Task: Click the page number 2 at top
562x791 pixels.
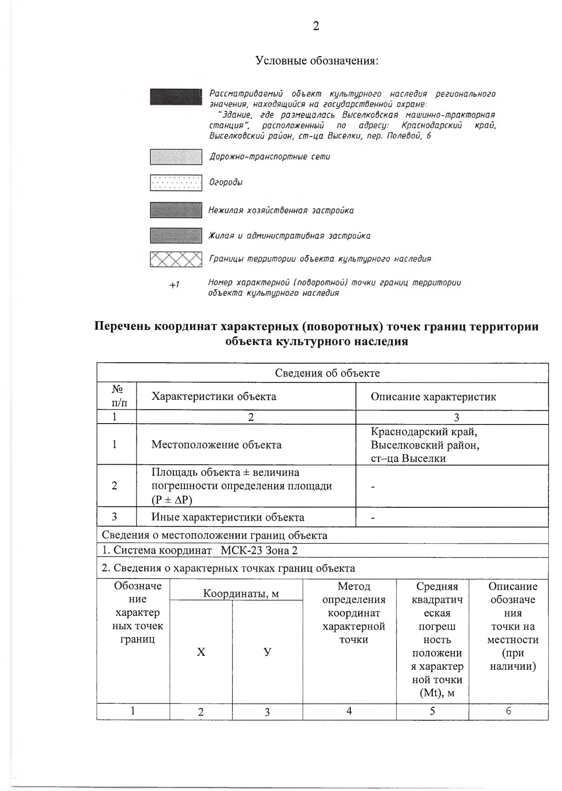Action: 316,26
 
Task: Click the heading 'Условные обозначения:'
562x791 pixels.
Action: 317,61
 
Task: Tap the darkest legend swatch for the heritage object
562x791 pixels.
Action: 175,96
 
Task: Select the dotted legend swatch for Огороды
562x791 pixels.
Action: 176,183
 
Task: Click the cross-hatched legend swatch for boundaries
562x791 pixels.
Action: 176,259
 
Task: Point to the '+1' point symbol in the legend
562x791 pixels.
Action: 174,285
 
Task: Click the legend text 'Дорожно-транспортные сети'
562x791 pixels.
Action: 269,157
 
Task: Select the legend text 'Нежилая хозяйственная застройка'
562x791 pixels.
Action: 281,211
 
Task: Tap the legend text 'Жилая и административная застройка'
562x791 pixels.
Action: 289,236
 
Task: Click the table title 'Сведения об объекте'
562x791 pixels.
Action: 327,373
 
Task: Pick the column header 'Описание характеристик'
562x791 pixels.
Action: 433,397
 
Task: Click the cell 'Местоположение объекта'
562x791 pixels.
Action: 216,445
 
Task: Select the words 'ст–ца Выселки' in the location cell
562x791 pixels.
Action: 408,458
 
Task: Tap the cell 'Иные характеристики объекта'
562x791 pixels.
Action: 228,517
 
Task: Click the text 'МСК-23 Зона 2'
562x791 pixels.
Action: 259,550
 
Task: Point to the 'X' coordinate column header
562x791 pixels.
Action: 201,652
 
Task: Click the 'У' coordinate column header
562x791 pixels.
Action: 267,652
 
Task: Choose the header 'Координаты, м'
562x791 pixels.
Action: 241,593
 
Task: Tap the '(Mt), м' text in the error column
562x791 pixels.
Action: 437,693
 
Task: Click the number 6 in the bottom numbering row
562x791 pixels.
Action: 508,711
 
